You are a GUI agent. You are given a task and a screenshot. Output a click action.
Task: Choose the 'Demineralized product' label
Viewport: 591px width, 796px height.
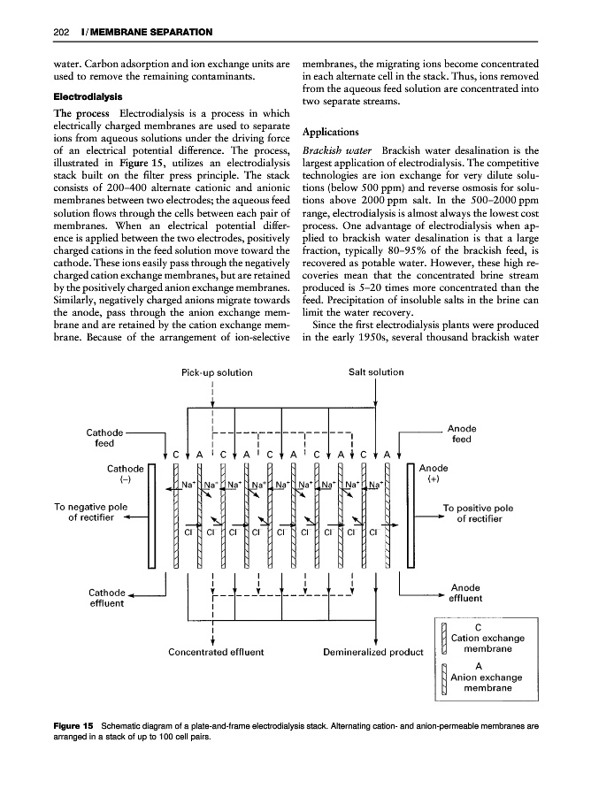pyautogui.click(x=375, y=654)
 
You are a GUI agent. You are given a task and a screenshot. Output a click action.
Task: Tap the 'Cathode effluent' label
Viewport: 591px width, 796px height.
pyautogui.click(x=104, y=599)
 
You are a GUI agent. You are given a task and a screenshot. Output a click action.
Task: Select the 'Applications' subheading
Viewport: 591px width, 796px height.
pyautogui.click(x=332, y=132)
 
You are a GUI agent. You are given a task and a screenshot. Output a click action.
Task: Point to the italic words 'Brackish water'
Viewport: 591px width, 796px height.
pyautogui.click(x=333, y=150)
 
